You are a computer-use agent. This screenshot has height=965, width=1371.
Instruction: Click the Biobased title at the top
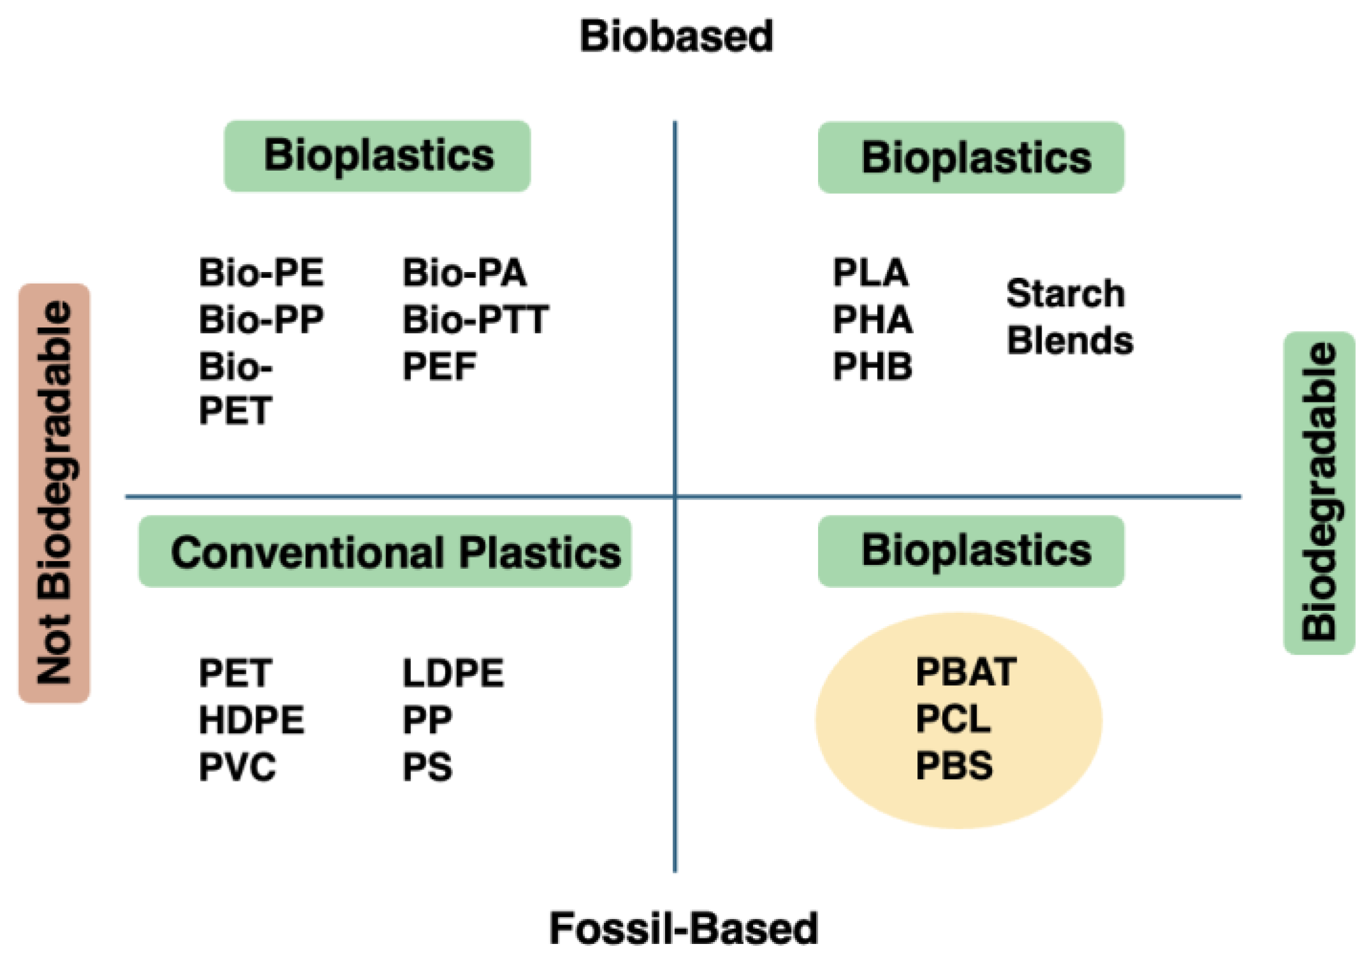tap(676, 36)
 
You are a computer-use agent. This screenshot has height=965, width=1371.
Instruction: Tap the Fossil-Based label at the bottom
tap(683, 928)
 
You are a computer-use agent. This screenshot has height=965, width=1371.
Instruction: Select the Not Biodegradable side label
tap(55, 492)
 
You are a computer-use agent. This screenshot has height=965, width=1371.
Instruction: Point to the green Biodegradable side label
tap(1318, 492)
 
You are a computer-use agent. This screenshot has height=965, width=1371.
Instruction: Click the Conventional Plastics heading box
tap(385, 552)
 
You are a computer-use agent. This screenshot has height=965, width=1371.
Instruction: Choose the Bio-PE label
tap(261, 273)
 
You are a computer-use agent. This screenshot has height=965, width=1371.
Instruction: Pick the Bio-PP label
tap(261, 319)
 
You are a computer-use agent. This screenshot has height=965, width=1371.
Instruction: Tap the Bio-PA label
tap(464, 273)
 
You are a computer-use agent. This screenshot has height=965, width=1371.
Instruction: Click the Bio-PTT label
tap(475, 319)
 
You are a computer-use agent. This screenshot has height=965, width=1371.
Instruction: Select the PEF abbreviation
tap(439, 366)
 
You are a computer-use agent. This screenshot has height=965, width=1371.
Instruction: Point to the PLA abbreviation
tap(870, 273)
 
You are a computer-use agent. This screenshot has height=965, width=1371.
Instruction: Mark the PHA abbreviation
tap(872, 319)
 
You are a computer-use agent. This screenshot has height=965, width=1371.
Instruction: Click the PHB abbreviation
tap(872, 366)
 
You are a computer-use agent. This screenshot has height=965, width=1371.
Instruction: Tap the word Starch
tap(1065, 294)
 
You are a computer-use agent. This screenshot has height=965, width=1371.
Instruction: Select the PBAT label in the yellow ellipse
tap(965, 672)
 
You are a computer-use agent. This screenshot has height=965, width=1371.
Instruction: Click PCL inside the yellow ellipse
tap(953, 719)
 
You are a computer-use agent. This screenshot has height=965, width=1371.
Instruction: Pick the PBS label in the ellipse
tap(954, 766)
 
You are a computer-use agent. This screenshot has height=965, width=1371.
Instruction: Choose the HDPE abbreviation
tap(252, 720)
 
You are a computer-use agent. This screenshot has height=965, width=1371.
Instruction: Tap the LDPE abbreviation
tap(453, 673)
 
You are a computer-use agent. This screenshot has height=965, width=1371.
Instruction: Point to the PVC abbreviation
tap(237, 766)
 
